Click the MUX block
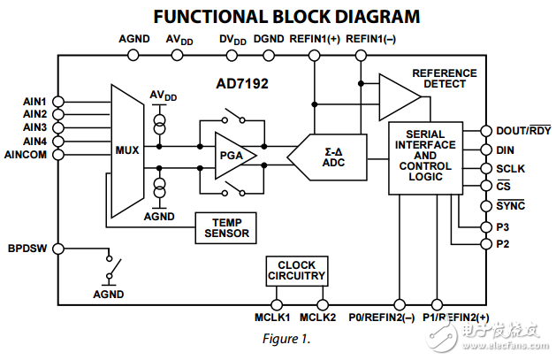point(127,149)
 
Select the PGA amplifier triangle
point(232,155)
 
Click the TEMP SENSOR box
point(227,227)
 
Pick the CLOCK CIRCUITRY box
point(296,271)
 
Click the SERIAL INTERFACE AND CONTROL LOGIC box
point(425,157)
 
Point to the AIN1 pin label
point(34,102)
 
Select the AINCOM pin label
point(27,155)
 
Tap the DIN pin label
point(505,150)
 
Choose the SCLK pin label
point(510,168)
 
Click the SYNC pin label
point(511,205)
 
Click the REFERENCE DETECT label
point(443,78)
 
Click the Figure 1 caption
point(286,339)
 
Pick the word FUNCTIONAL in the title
point(209,16)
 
